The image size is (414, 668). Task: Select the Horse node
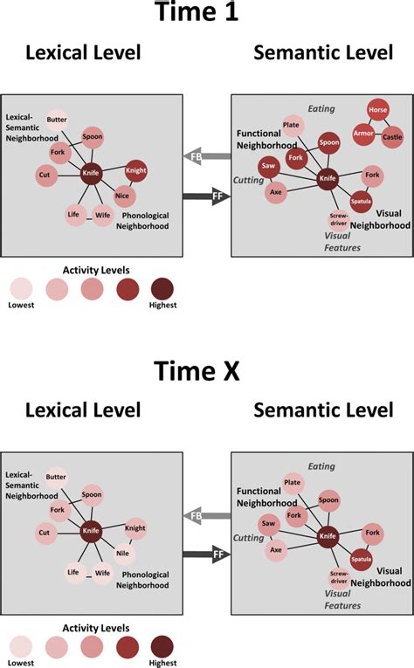(x=378, y=113)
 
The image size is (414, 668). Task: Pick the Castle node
(x=392, y=138)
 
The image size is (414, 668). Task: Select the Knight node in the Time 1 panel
(x=135, y=169)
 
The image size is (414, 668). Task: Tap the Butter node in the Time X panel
(x=57, y=477)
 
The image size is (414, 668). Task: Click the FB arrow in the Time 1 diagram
(x=206, y=156)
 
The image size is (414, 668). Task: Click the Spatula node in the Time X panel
(x=361, y=558)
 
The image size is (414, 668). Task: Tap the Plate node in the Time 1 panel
(x=293, y=126)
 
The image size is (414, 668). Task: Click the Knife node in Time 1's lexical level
(x=92, y=174)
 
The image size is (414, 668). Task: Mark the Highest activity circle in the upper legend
(x=162, y=287)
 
